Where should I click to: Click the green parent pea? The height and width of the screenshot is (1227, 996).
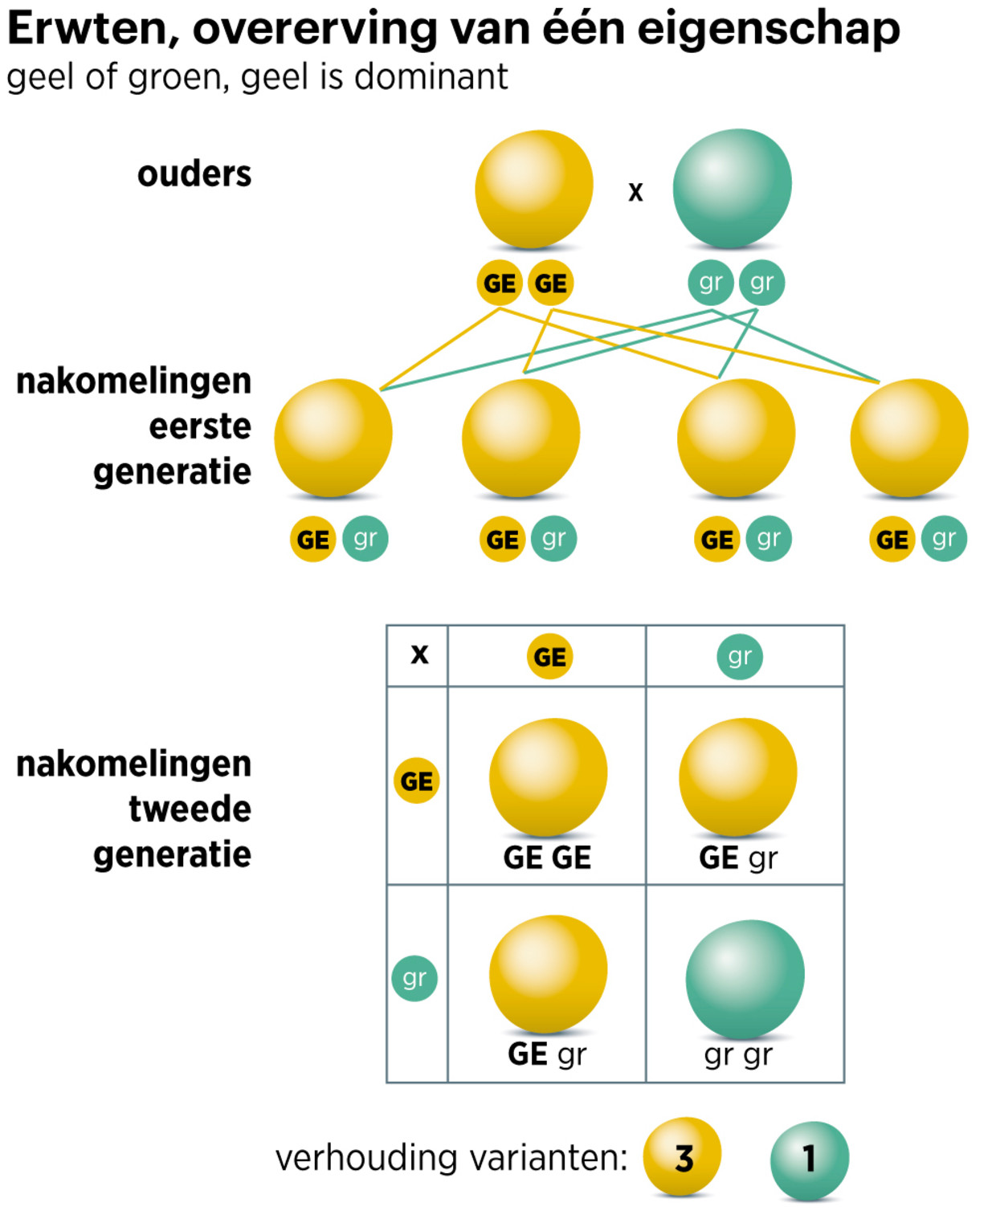tap(732, 188)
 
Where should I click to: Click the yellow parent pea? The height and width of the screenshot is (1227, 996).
tap(534, 189)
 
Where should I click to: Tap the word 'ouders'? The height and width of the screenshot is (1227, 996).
tap(194, 173)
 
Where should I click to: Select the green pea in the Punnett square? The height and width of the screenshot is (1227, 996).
tap(745, 978)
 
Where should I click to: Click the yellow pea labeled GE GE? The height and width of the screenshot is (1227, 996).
tap(548, 776)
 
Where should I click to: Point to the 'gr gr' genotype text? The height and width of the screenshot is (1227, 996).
tap(737, 1054)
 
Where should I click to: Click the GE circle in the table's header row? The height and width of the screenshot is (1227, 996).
tap(549, 657)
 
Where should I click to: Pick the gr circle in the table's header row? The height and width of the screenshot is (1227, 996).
tap(739, 657)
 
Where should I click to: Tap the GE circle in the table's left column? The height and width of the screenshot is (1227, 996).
tap(416, 781)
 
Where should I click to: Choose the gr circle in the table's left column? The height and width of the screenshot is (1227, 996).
tap(414, 978)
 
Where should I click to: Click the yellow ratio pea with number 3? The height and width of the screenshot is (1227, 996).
tap(682, 1156)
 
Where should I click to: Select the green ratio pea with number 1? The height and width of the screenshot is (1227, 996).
tap(809, 1160)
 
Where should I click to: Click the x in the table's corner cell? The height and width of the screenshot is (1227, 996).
tap(419, 655)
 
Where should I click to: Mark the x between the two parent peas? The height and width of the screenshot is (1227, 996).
tap(635, 192)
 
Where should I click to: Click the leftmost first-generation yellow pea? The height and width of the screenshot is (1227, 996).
tap(333, 438)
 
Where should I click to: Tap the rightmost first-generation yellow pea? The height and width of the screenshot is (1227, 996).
tap(908, 438)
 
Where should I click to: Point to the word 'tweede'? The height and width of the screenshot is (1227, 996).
tap(190, 809)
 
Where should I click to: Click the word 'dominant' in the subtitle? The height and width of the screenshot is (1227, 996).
tap(431, 77)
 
